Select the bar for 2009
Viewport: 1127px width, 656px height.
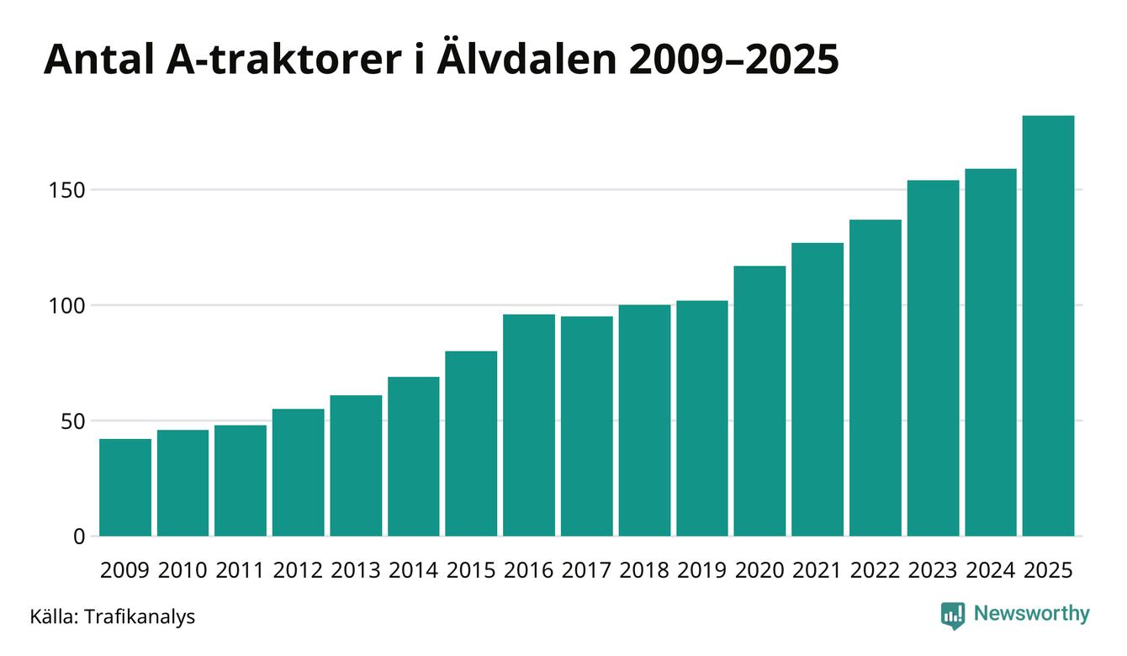pos(125,488)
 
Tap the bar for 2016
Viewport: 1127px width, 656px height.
pos(529,426)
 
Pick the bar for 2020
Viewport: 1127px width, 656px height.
pos(759,401)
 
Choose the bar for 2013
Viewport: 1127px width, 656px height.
pos(356,466)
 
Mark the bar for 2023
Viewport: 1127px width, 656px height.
pos(933,358)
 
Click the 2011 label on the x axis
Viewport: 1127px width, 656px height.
pos(241,570)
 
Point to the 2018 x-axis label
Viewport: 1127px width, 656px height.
pos(644,570)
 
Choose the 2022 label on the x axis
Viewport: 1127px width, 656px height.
pos(875,570)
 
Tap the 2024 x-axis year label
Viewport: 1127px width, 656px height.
pos(990,570)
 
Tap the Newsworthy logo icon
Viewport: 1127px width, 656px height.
pos(952,615)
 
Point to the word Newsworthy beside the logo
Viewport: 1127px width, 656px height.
pos(1031,614)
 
